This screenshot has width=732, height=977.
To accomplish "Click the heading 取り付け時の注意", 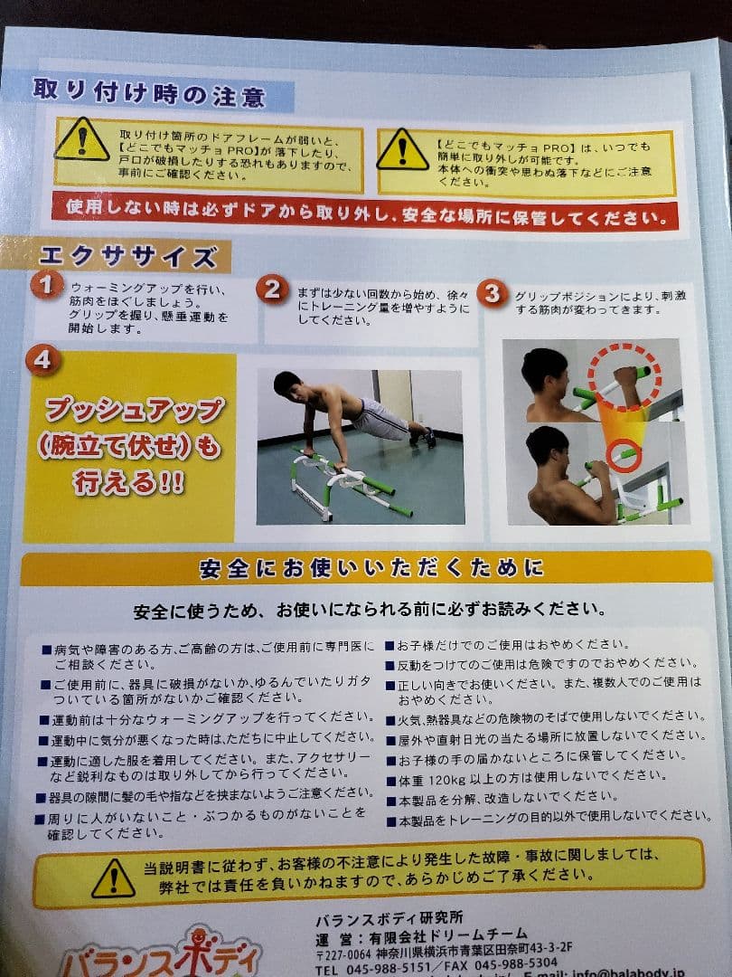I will click(x=148, y=93).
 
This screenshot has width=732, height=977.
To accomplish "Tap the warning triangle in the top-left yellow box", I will click(x=81, y=141).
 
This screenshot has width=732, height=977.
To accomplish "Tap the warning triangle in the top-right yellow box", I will click(x=403, y=150).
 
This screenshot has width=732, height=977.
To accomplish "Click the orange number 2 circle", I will click(x=272, y=289).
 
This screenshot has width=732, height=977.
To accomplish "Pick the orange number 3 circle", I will click(x=491, y=294).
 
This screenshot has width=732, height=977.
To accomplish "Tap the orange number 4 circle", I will click(x=42, y=360).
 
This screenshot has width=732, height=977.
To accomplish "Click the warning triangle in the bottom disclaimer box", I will click(x=113, y=877).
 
